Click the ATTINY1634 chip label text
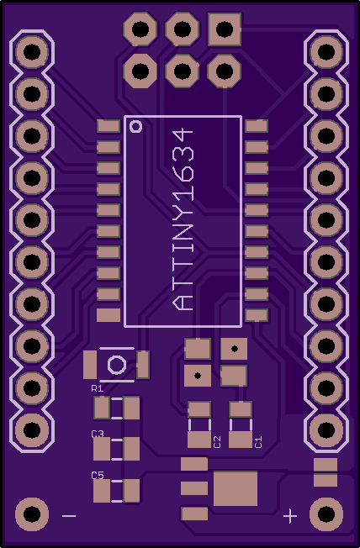[x=183, y=220]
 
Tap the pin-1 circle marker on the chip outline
[x=135, y=126]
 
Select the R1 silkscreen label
[x=97, y=388]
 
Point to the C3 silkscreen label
[x=98, y=434]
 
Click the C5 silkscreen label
[x=98, y=476]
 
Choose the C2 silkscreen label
[x=217, y=442]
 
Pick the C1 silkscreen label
[x=258, y=442]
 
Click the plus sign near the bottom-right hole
[x=290, y=516]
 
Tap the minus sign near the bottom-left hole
[x=69, y=516]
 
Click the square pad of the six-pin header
[x=225, y=29]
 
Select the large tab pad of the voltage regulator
[x=236, y=488]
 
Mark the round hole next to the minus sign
[x=32, y=514]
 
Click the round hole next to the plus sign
[x=326, y=514]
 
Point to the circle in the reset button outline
[x=117, y=365]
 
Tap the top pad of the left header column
[x=32, y=52]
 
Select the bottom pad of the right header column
[x=326, y=429]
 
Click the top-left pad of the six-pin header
[x=140, y=29]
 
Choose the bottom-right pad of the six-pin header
[x=225, y=71]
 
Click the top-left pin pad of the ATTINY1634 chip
[x=109, y=126]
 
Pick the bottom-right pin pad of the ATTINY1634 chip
[x=257, y=315]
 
